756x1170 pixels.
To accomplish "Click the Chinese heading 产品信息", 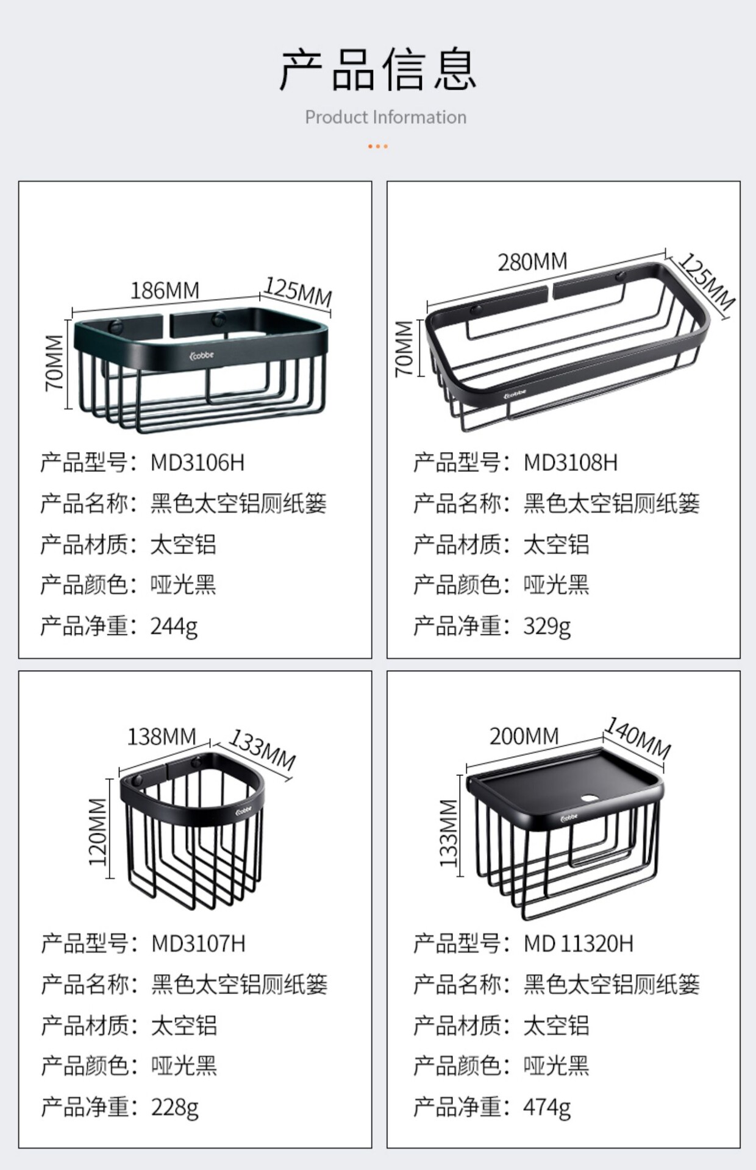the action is coord(377,70).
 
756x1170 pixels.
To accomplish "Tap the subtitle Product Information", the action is coord(385,117).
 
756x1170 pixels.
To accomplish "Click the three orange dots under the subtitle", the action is coord(377,146).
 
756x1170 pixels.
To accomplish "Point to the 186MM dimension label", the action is coord(165,291).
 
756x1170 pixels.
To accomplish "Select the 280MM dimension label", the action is coord(532,262).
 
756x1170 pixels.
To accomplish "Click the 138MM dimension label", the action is coord(162,737).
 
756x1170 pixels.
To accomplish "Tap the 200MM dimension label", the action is coord(524,736).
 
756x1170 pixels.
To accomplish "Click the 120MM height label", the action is coord(98,832).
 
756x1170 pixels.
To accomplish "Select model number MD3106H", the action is coord(198,463).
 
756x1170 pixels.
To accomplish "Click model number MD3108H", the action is coord(571,463).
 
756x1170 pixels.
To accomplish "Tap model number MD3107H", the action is coord(198,944).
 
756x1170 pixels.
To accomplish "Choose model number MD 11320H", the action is coord(579,944).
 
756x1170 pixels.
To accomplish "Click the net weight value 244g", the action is coord(174,626).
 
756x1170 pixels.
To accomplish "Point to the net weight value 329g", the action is coord(547,626).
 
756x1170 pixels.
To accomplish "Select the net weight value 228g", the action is coord(175,1107).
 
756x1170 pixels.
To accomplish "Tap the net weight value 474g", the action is coord(547,1107).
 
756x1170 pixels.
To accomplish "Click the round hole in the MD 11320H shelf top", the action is coord(590,798).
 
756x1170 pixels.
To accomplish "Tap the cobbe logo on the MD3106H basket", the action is coord(202,355).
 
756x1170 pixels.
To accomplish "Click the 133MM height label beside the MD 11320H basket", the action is coord(449,832).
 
